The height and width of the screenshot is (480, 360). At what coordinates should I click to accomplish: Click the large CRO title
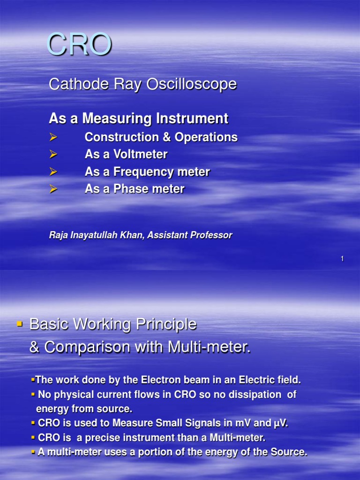click(x=80, y=45)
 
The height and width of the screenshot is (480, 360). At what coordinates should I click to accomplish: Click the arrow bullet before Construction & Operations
click(x=53, y=137)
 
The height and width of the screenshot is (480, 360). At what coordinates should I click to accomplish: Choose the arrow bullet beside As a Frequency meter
click(x=53, y=172)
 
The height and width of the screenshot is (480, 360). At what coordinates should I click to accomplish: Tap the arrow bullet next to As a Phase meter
click(x=53, y=189)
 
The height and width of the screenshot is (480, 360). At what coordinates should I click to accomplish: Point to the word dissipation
click(x=254, y=395)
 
